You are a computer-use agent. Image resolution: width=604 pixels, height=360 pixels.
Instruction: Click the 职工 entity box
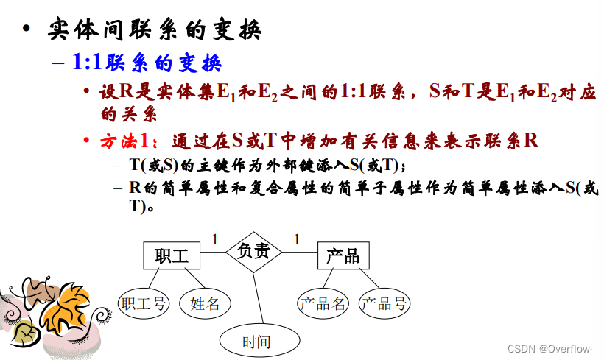(x=172, y=255)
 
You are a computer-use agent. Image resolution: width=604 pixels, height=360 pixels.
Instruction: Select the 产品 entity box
(x=343, y=255)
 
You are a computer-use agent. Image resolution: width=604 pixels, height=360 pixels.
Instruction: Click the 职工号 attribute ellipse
(x=144, y=303)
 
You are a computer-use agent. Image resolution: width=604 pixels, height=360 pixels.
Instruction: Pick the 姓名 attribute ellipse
(x=205, y=303)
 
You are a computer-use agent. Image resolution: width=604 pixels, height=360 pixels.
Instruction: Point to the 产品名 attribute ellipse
(x=323, y=303)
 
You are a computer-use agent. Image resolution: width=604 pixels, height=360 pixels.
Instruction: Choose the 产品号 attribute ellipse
(x=385, y=303)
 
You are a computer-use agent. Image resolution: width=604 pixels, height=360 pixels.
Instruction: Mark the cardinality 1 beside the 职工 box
(x=215, y=239)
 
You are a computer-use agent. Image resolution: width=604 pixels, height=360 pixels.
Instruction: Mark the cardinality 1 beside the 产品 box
(x=296, y=239)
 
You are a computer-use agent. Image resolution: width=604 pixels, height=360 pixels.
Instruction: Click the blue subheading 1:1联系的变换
(x=147, y=63)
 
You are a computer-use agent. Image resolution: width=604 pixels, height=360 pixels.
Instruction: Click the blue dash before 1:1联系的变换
(x=58, y=63)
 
